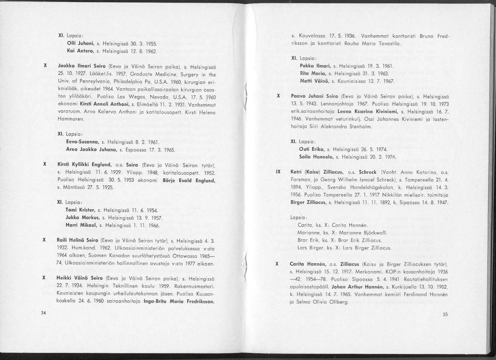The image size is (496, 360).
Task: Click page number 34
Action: click(43, 313)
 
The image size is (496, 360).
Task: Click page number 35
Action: click(445, 314)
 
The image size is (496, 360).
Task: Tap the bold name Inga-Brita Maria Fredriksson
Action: click(179, 302)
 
